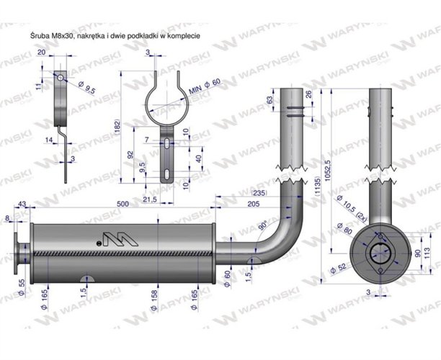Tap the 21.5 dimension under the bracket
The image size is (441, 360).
click(x=150, y=199)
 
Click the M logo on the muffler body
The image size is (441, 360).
click(x=112, y=238)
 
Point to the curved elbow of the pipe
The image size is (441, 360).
click(x=278, y=237)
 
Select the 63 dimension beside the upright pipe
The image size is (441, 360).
click(x=269, y=99)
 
